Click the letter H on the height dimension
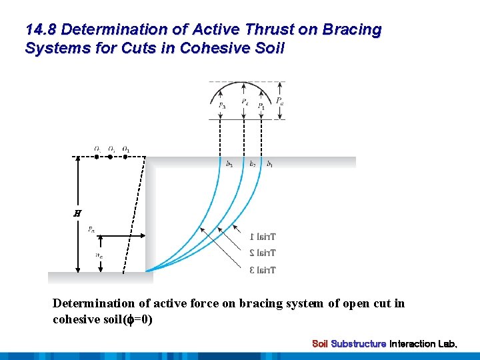coord(77,213)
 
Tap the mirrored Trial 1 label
coord(263,237)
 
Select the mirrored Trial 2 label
coord(263,253)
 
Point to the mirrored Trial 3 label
coord(263,270)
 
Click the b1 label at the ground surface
coord(269,164)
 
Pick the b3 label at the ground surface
coord(229,164)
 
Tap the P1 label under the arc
coord(261,106)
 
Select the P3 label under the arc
coord(221,105)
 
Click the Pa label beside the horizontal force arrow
coord(91,229)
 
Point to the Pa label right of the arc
coord(280,101)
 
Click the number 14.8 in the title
coord(41,30)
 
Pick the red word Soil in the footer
coord(320,344)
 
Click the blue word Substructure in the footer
coord(359,344)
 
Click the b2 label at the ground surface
coord(252,164)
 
